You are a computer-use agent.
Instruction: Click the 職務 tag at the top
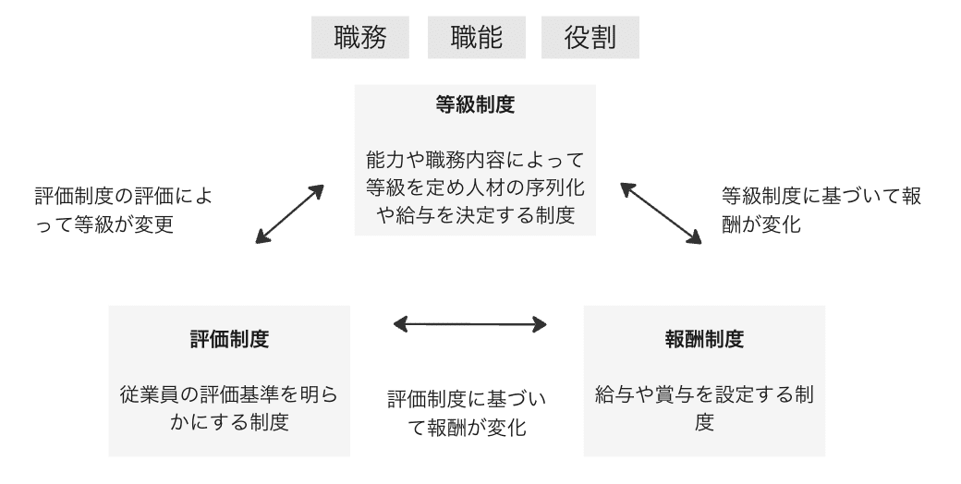[x=359, y=37]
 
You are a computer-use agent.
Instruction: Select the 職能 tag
[x=476, y=37]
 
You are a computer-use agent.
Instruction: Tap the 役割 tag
[x=590, y=37]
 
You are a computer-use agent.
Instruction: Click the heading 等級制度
[x=475, y=104]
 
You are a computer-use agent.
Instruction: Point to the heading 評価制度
[x=229, y=339]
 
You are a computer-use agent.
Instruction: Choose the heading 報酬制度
[x=704, y=339]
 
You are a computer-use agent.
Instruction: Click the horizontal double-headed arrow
[x=469, y=324]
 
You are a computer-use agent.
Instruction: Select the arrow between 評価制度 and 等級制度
[x=289, y=214]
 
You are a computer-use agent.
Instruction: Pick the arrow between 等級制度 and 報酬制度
[x=661, y=213]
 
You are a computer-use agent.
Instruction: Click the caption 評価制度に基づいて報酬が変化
[x=467, y=413]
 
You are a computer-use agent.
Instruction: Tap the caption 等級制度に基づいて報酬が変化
[x=821, y=211]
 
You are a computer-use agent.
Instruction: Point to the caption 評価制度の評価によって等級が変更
[x=124, y=211]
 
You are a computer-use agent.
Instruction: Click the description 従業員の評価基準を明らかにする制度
[x=229, y=408]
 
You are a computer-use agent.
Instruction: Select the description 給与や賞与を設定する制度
[x=704, y=408]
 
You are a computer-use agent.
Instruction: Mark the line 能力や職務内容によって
[x=475, y=160]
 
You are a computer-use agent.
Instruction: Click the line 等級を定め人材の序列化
[x=475, y=188]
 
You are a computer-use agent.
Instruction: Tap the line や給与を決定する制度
[x=475, y=215]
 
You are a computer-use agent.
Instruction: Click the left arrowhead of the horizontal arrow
[x=399, y=324]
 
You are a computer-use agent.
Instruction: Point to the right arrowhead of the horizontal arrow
[x=540, y=324]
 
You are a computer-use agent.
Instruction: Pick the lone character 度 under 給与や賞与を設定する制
[x=704, y=422]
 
